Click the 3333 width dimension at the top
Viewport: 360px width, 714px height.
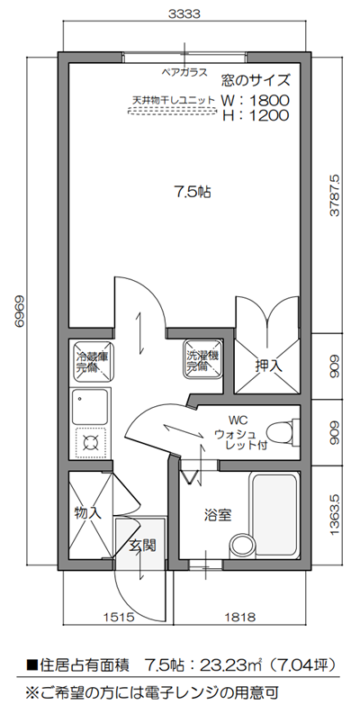click(183, 14)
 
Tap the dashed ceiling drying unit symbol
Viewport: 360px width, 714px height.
click(174, 113)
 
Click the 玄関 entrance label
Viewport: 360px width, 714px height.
click(143, 545)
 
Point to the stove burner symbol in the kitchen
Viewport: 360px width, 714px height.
click(90, 441)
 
